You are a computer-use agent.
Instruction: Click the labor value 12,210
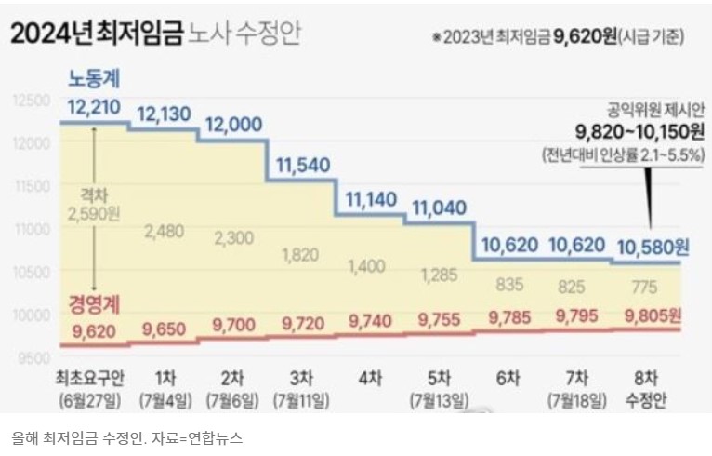click(x=94, y=107)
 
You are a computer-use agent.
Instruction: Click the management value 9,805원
click(x=653, y=315)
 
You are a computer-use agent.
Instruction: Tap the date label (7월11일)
click(x=302, y=400)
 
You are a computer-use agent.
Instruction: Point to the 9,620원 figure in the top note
click(x=587, y=38)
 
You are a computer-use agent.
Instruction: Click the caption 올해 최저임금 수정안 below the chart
click(x=74, y=436)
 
